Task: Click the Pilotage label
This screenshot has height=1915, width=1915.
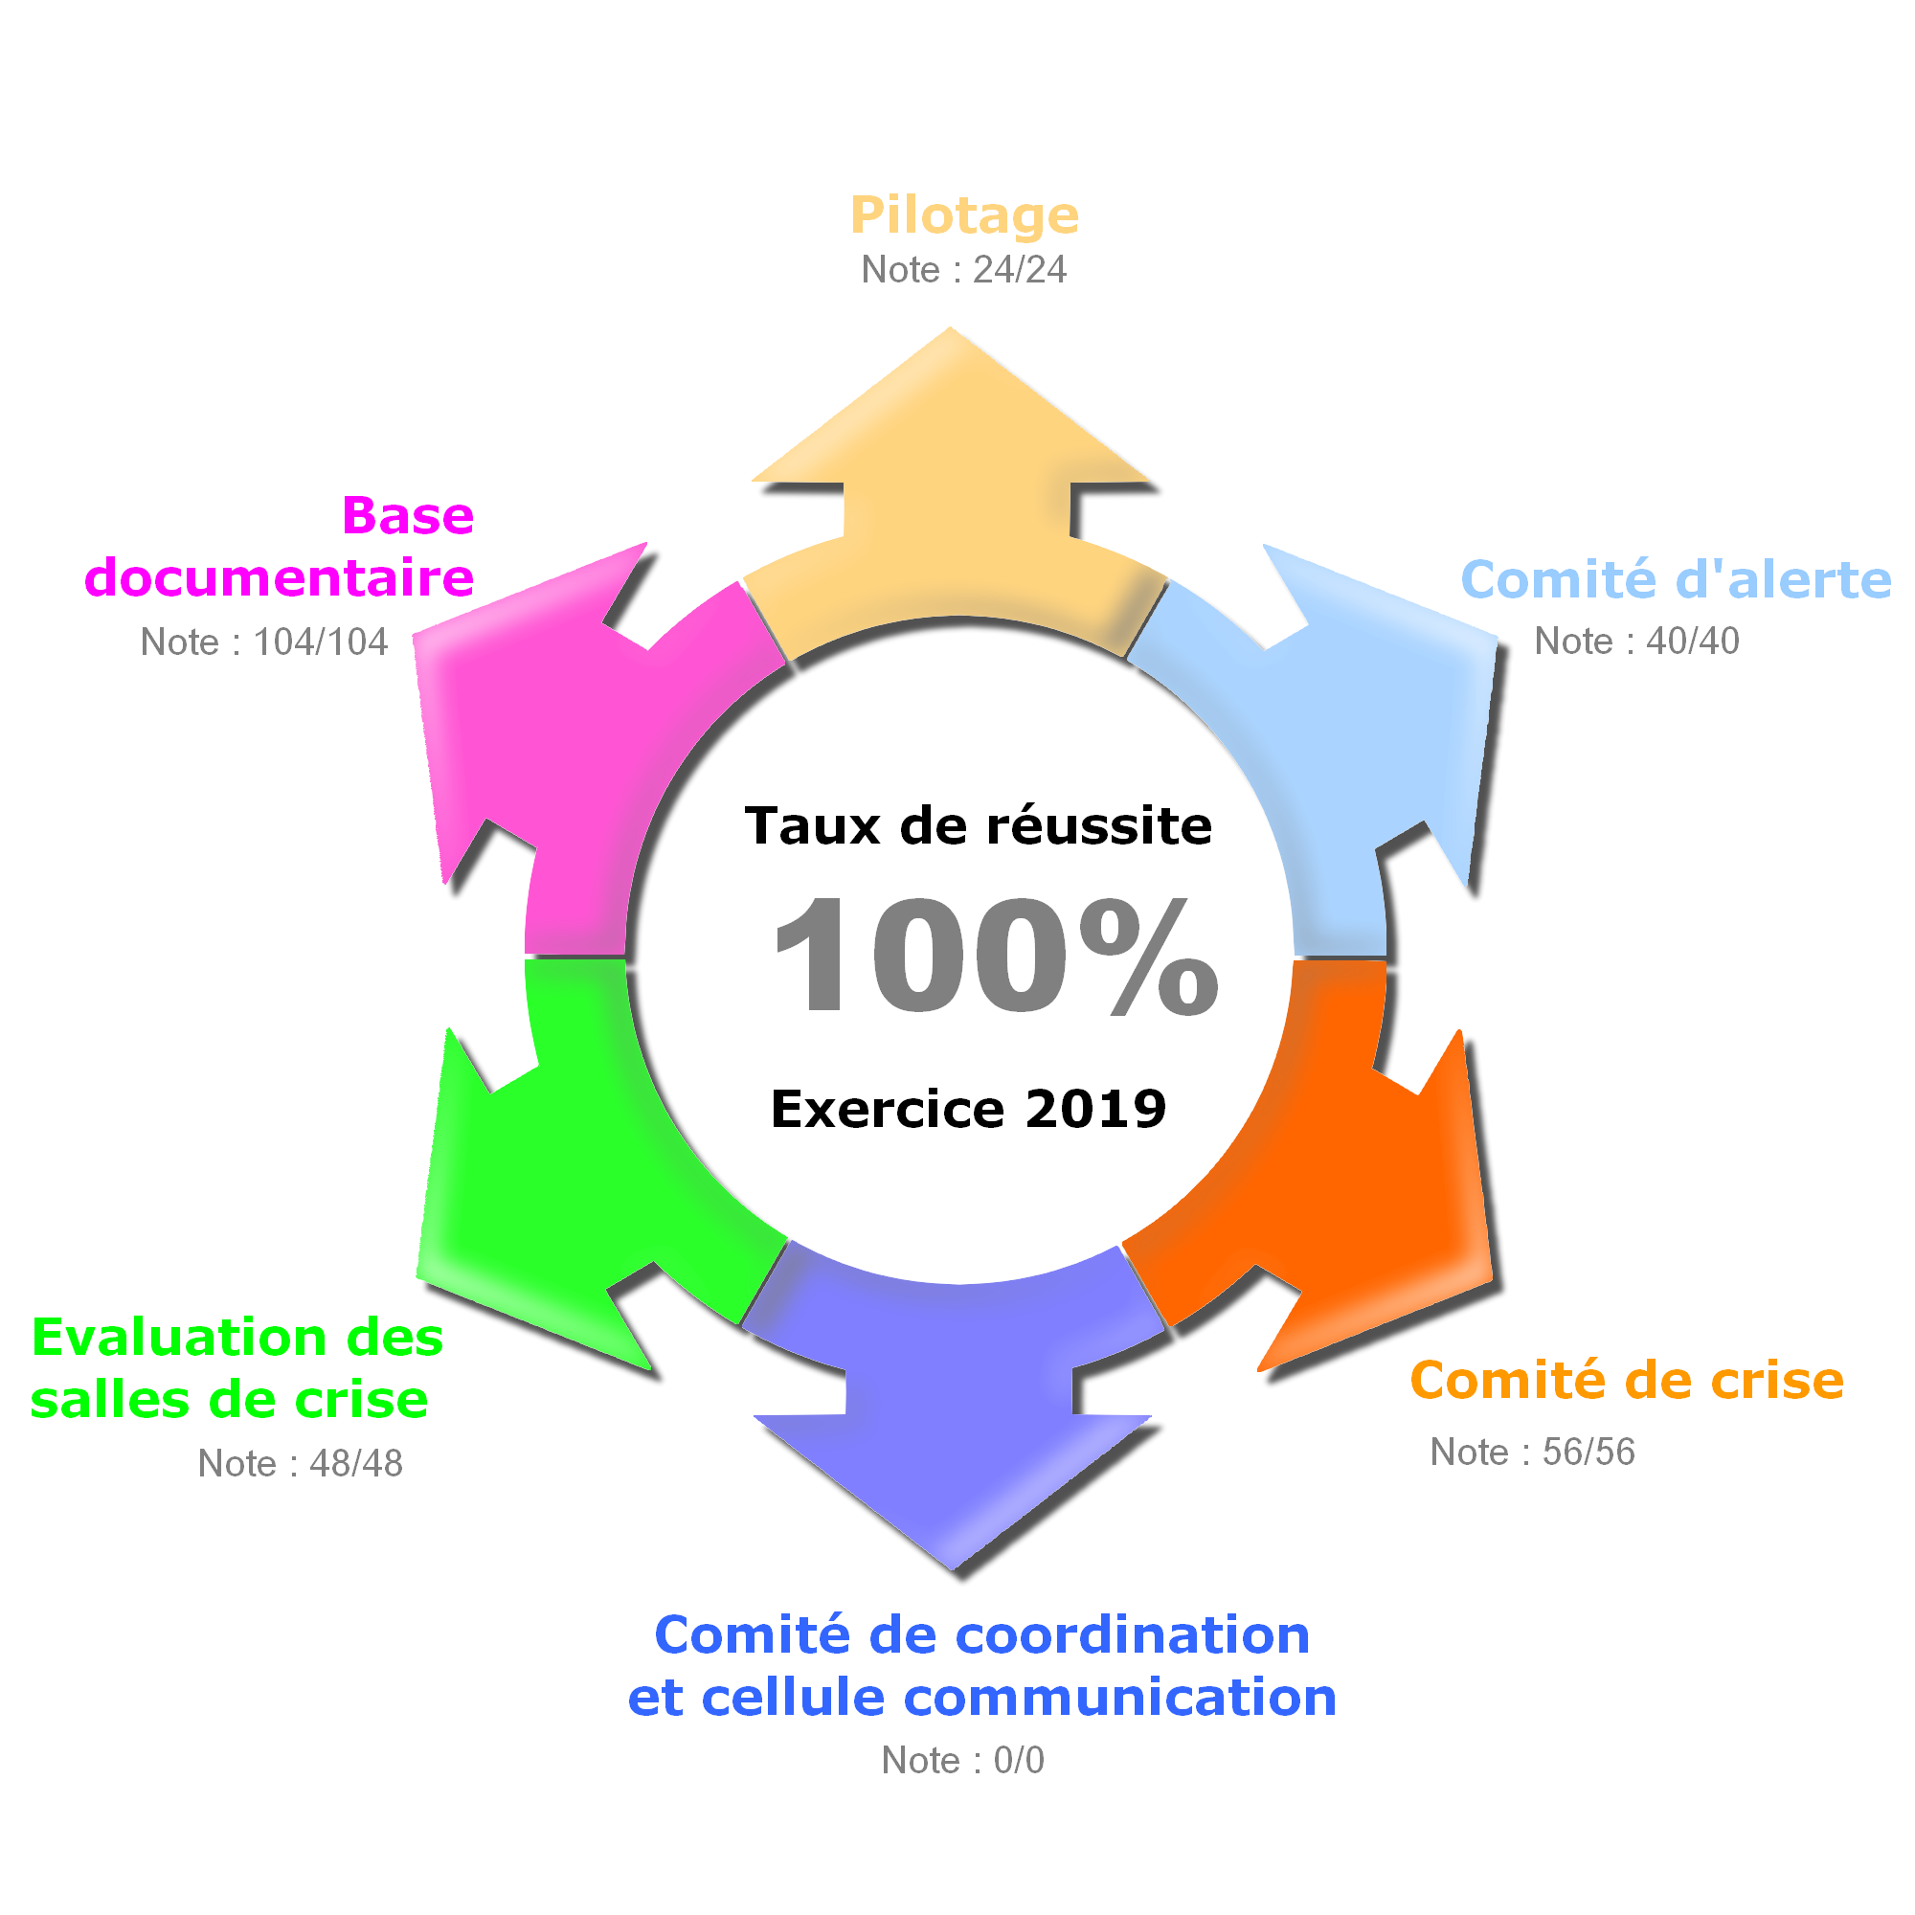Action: tap(963, 215)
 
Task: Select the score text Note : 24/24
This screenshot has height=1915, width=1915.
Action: tap(963, 270)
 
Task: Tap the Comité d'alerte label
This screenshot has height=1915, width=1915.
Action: tap(1675, 580)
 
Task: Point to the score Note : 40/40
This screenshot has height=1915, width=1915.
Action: tap(1636, 642)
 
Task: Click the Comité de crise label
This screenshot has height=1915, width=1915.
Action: tap(1627, 1381)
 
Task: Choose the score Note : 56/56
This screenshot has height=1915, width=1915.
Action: tap(1532, 1453)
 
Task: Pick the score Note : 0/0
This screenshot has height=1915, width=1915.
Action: tap(962, 1761)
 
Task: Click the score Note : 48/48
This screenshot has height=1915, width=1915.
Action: tap(301, 1463)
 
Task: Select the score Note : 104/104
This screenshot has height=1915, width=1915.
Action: tap(263, 642)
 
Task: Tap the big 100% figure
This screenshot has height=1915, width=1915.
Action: tap(996, 957)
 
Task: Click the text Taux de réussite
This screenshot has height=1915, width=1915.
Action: tap(979, 825)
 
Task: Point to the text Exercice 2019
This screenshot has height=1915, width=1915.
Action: tap(968, 1108)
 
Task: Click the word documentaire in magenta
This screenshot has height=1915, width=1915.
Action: tap(280, 578)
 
